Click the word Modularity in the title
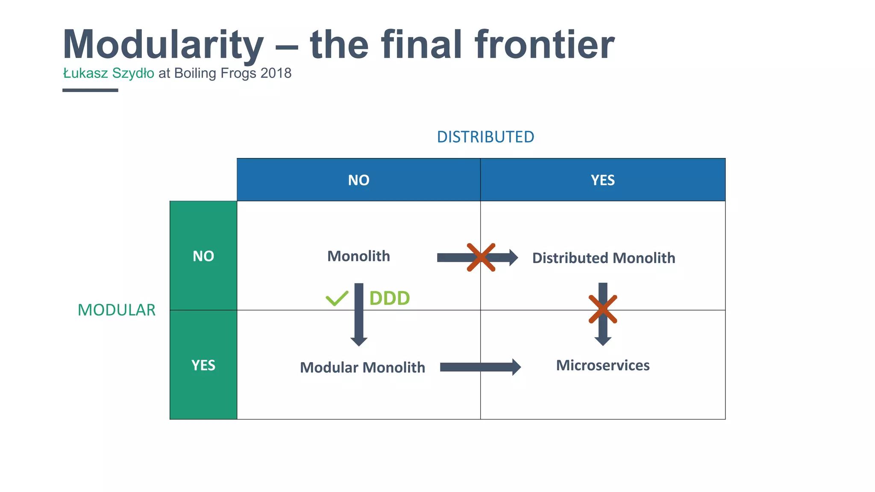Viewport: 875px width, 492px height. point(163,45)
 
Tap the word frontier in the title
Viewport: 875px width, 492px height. point(544,45)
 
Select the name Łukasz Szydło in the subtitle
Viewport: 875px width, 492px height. point(109,73)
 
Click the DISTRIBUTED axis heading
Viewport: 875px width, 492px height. point(485,137)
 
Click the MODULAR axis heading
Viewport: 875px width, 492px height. point(116,310)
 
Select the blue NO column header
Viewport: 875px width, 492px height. point(358,180)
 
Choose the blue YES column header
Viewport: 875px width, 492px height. point(602,180)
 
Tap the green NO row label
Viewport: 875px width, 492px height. point(203,256)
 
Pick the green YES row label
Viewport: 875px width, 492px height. point(203,366)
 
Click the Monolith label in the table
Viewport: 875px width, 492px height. point(358,256)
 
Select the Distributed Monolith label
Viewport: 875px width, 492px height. point(603,258)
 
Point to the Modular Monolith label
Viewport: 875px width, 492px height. point(362,367)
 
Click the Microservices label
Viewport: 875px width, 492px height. point(602,366)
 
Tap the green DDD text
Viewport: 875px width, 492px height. point(389,298)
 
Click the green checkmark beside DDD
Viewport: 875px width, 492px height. point(337,298)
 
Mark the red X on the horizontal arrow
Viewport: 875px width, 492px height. point(481,258)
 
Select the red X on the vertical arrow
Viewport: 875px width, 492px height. point(602,309)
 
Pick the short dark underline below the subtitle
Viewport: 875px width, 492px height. point(90,90)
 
